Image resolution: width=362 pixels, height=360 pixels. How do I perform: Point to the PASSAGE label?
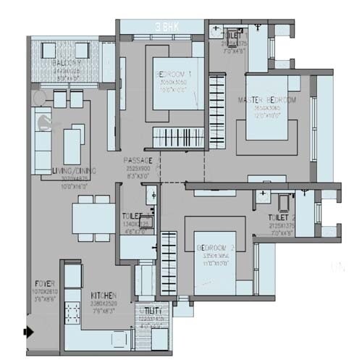(138, 160)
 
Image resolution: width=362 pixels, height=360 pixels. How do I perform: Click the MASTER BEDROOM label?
(269, 100)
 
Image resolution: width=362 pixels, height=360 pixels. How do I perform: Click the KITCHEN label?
(105, 296)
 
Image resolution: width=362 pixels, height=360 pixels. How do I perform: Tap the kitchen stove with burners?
(72, 314)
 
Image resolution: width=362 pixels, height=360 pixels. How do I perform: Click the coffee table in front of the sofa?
(73, 141)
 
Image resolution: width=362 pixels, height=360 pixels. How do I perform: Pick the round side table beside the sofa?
(46, 120)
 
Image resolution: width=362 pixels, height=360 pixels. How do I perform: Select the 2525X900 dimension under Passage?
(138, 168)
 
